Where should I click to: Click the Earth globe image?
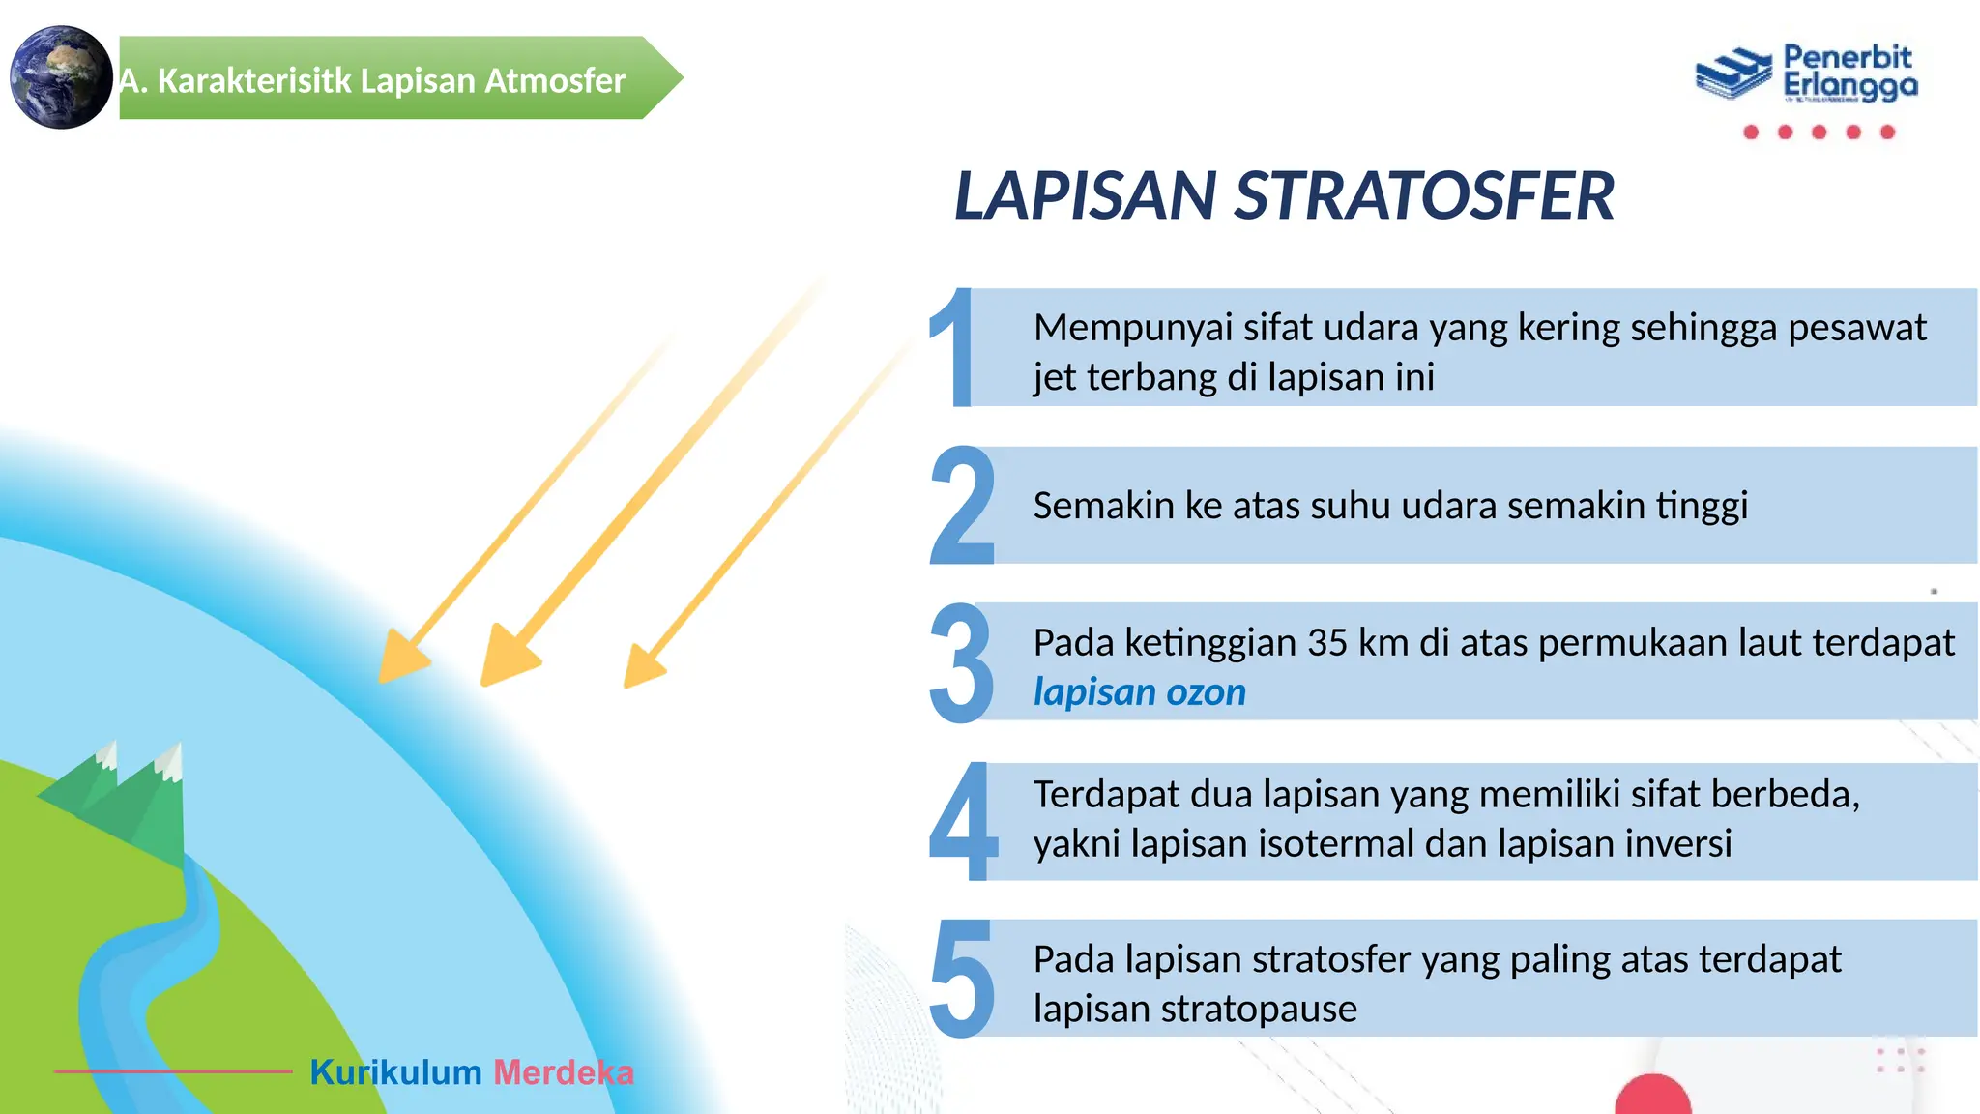60,77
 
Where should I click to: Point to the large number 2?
962,506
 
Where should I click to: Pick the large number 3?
961,663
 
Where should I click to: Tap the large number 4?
962,821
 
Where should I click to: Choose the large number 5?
962,979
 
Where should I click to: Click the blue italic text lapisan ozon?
1139,692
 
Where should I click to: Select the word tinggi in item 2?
1702,506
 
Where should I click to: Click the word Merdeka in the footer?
564,1072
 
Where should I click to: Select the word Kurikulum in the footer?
395,1072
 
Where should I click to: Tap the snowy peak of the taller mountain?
170,760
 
